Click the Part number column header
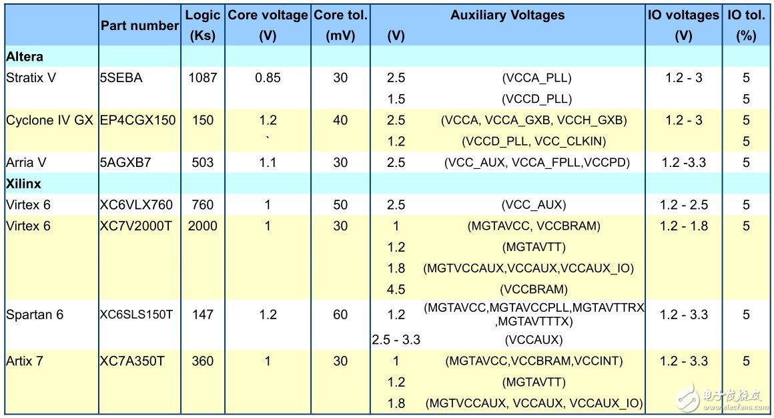139,26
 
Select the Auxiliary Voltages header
507,15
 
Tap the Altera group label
25,57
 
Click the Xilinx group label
24,184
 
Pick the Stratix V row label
31,78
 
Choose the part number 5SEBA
121,78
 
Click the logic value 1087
202,78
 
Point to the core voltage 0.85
268,78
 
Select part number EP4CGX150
138,120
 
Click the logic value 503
202,162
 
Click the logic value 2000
202,226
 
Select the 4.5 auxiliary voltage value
396,289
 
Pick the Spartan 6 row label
35,315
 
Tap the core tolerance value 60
340,315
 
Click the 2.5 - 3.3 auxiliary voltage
396,340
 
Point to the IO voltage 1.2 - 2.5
683,205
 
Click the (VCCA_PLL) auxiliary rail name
536,78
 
